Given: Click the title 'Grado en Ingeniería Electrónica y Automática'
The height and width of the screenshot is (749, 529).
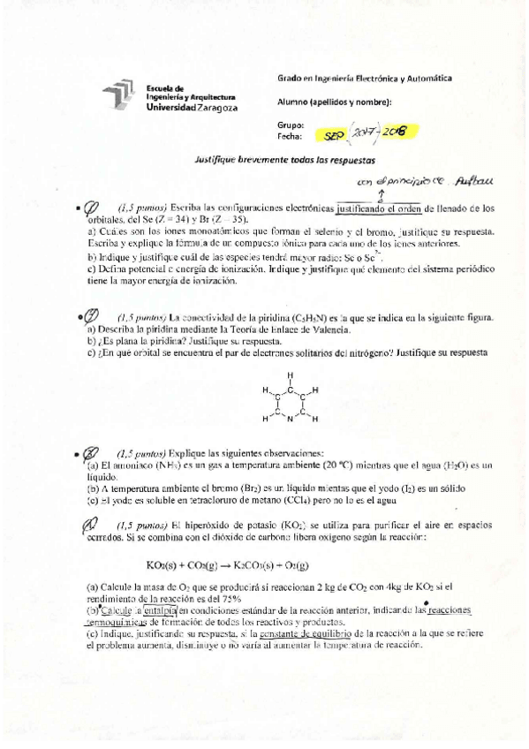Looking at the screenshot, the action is [x=364, y=79].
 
